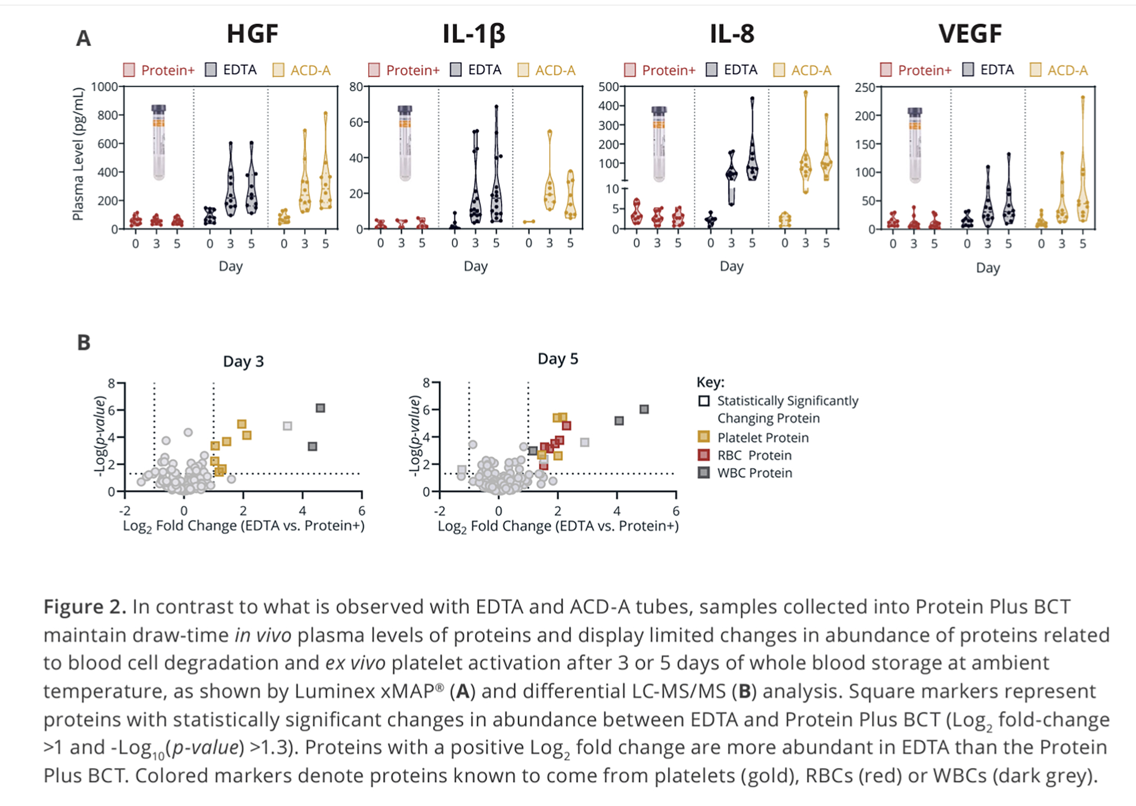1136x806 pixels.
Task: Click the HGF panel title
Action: click(x=252, y=34)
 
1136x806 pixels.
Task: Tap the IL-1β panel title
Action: click(x=474, y=34)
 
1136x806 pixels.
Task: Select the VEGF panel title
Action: click(x=970, y=34)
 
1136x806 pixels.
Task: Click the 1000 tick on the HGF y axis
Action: click(x=104, y=87)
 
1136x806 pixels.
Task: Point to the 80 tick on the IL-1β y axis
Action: click(x=356, y=87)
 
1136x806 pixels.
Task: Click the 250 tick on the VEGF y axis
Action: click(x=865, y=87)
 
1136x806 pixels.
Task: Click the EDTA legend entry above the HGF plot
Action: click(x=231, y=70)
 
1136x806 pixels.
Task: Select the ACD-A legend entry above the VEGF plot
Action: click(x=1059, y=70)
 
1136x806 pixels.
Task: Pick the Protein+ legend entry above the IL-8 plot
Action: click(x=660, y=70)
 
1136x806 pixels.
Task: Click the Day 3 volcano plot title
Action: click(x=244, y=361)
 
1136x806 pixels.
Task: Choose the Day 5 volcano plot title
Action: click(x=557, y=359)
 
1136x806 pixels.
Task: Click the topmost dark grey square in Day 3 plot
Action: click(x=320, y=408)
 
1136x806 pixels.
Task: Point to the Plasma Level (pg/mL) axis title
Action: click(x=78, y=154)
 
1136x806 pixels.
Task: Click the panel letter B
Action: click(x=84, y=342)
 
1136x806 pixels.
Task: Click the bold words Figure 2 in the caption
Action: click(x=85, y=607)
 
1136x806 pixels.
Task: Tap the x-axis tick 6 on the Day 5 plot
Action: click(x=676, y=511)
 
